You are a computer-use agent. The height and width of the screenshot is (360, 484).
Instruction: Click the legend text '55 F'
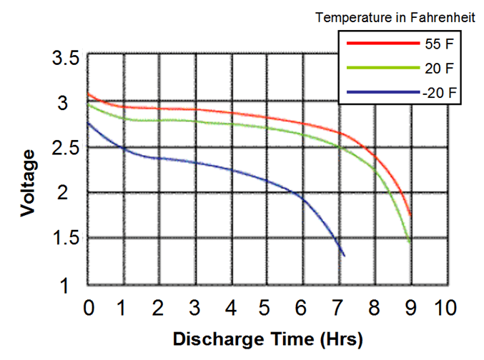(x=438, y=44)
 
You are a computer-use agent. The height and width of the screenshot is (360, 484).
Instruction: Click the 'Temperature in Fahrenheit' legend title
(x=395, y=18)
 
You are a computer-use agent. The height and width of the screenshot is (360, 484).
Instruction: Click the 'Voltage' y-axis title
(x=29, y=182)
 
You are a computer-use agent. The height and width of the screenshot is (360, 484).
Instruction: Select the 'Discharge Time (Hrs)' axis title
(x=268, y=337)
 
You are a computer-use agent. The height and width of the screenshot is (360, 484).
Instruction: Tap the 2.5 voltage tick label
(x=66, y=149)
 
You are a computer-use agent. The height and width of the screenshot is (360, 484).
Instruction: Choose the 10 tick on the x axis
(x=445, y=309)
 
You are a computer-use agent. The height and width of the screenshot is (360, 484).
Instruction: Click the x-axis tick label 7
(x=337, y=309)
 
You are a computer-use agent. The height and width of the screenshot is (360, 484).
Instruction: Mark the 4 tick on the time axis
(x=230, y=309)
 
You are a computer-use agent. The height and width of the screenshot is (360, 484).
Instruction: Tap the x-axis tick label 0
(x=89, y=309)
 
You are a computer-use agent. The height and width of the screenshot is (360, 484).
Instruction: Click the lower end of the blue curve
(x=344, y=255)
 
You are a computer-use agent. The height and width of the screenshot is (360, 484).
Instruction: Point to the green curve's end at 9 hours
(x=410, y=243)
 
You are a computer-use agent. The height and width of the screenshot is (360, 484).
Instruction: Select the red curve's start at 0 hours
(x=89, y=94)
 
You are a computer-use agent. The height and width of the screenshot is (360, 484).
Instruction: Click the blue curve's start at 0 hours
(x=89, y=123)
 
